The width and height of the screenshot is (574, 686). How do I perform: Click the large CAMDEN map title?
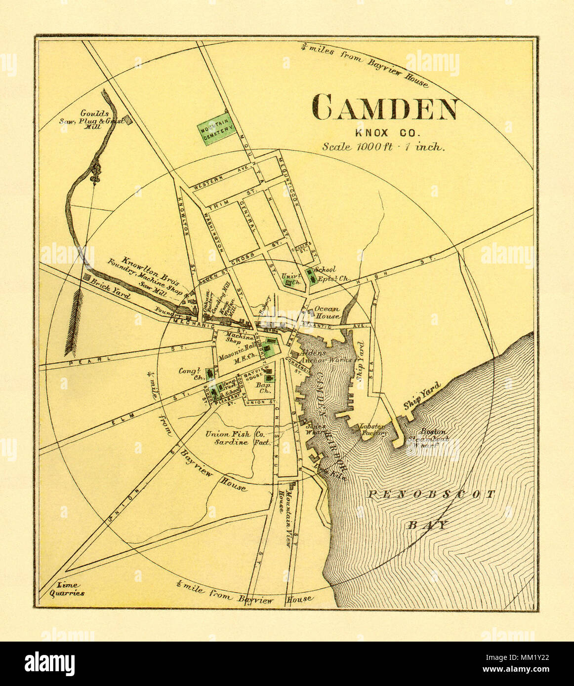[384, 109]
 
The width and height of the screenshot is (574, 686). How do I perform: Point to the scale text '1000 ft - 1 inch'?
[384, 147]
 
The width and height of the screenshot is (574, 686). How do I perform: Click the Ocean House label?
[327, 312]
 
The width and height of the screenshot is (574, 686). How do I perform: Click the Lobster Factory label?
[374, 429]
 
